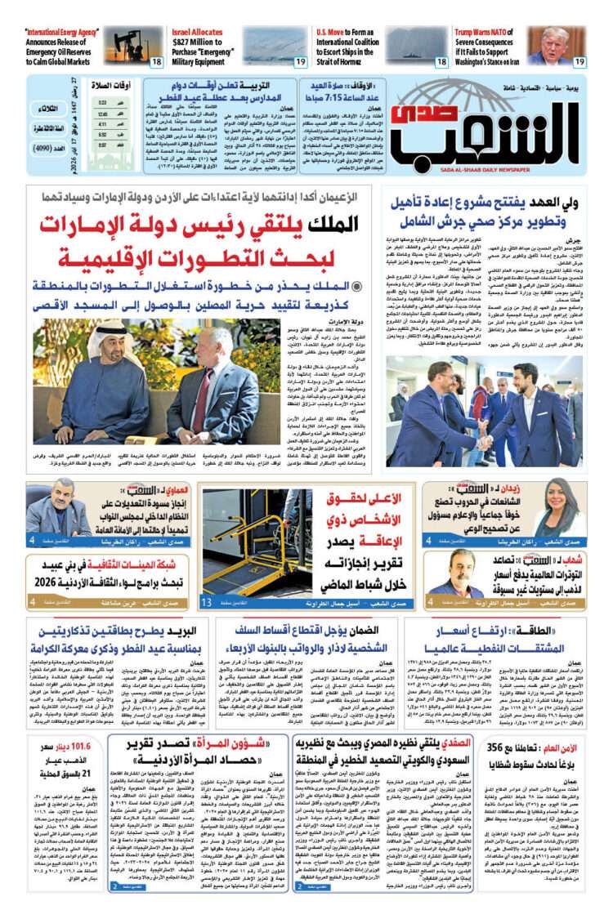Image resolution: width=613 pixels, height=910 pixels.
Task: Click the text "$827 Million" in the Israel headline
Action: click(196, 42)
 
